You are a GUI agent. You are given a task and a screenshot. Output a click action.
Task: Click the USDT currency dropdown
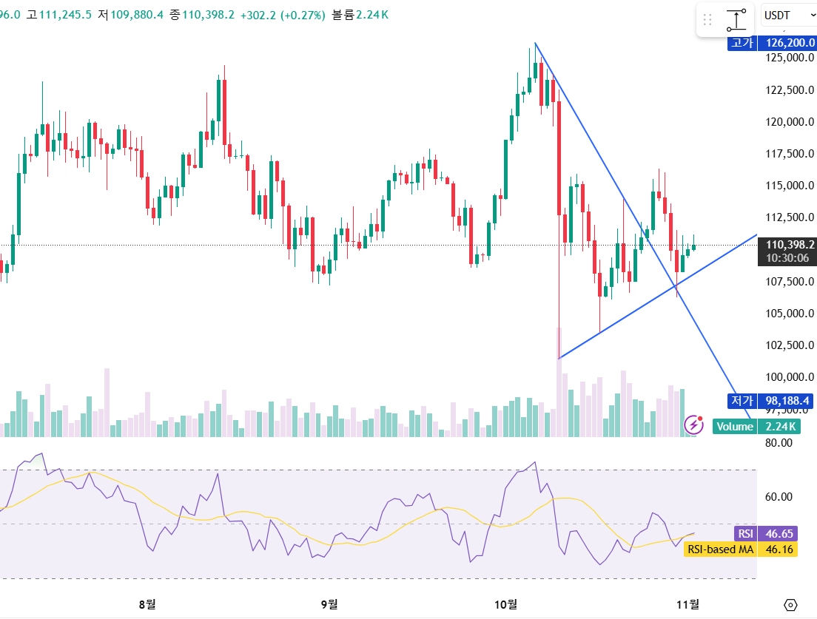(787, 16)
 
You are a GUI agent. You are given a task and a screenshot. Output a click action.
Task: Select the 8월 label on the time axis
(147, 604)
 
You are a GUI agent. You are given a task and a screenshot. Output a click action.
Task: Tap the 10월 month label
(506, 604)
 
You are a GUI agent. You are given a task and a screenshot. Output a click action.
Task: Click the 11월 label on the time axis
(688, 604)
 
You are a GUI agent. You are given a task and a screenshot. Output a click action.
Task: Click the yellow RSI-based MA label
(720, 549)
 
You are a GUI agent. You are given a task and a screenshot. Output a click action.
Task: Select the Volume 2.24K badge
(755, 427)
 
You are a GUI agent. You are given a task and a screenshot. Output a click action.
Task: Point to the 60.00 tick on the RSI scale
(778, 497)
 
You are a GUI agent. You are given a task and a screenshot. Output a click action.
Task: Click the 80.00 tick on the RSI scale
(778, 443)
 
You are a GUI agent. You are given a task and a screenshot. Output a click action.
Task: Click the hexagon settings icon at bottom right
(790, 605)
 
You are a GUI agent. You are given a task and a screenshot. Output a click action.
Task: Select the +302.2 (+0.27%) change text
(282, 15)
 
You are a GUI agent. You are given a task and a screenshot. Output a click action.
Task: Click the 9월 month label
(329, 604)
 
